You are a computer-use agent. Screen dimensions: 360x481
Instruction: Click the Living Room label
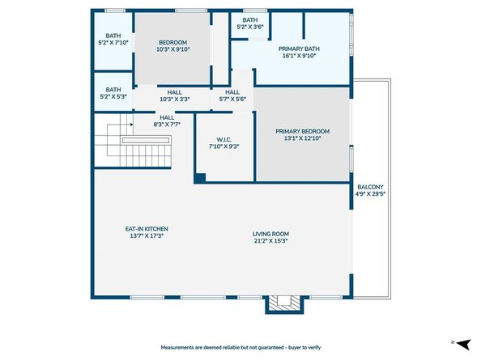pos(270,233)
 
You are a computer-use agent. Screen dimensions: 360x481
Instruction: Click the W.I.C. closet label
pos(223,138)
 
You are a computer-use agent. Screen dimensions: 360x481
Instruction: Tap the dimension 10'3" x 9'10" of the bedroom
pos(172,50)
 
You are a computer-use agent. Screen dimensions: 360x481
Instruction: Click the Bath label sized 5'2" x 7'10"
pos(113,36)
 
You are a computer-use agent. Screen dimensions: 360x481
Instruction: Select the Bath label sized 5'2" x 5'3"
pos(113,90)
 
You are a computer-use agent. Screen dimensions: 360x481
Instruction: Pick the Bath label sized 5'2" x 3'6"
pos(250,20)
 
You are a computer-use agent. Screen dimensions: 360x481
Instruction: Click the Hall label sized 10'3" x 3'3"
pos(175,92)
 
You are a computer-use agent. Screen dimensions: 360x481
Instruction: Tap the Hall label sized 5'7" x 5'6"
pos(232,92)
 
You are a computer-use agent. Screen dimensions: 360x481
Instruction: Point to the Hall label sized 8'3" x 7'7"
pos(168,118)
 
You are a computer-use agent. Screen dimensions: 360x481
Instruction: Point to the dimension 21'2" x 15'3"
pos(270,240)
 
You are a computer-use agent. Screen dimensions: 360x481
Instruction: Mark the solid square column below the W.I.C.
pos(200,177)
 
